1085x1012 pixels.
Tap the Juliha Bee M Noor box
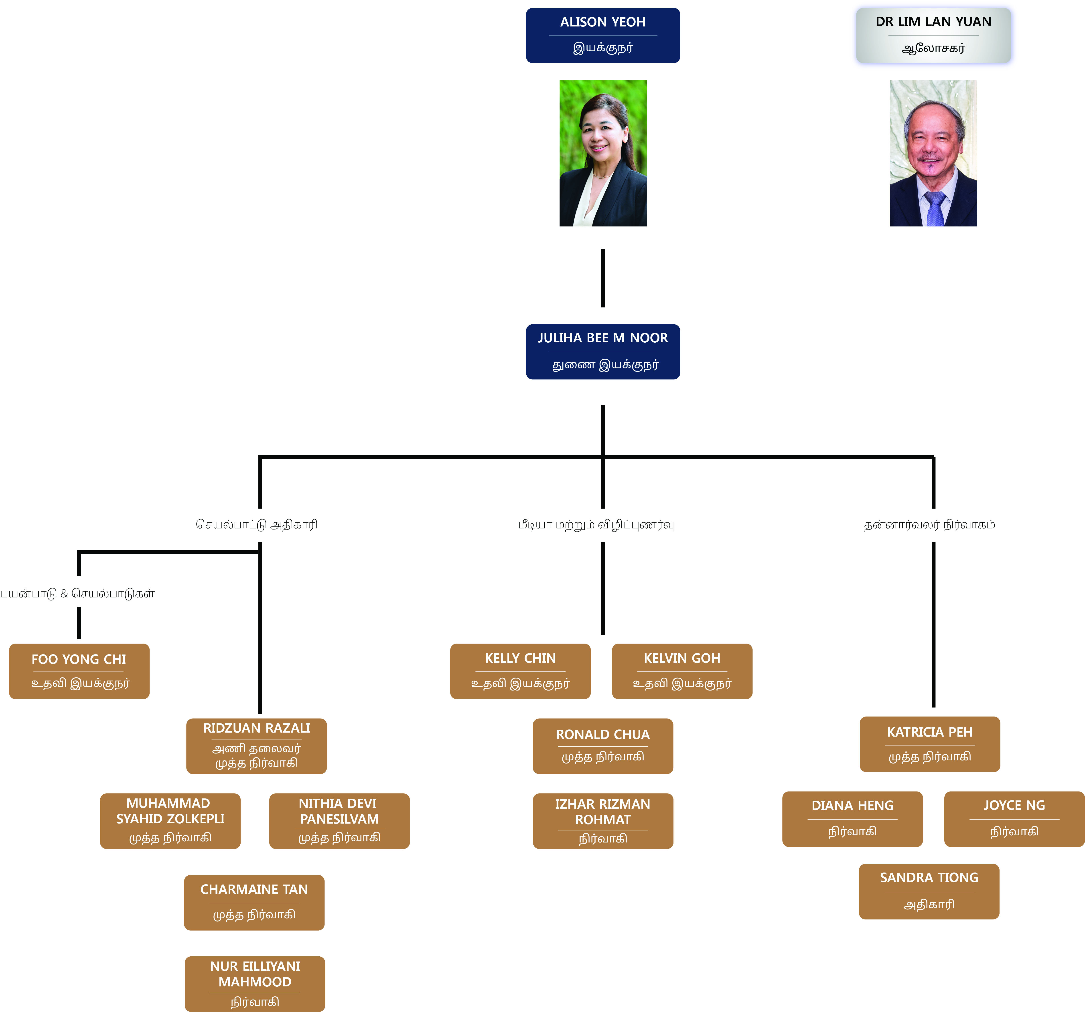602,351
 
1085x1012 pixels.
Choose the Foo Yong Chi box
79,671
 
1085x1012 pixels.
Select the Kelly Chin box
520,671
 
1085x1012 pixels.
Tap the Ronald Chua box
602,746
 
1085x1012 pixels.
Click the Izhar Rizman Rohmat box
602,820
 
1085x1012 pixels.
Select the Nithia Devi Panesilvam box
339,820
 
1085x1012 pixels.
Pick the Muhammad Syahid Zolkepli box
170,820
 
